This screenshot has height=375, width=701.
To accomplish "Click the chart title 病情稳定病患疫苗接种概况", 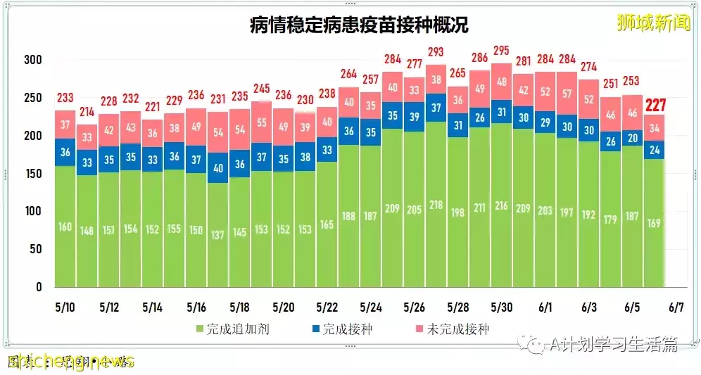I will [359, 26].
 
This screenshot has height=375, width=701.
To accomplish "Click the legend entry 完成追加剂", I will [225, 329].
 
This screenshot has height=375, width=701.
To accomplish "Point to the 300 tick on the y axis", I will [33, 60].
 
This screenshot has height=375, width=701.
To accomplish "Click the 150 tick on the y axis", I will [33, 173].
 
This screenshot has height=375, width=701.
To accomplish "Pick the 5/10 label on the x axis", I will [65, 308].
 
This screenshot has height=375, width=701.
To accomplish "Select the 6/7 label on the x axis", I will [676, 308].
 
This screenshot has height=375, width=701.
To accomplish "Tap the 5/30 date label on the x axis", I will [502, 308].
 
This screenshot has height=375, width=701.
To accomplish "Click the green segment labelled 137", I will [217, 234].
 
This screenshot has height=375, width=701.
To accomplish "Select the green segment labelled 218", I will [436, 204].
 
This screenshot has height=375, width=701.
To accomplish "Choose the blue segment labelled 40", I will [217, 168].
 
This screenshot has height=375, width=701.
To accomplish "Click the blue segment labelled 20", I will [633, 138].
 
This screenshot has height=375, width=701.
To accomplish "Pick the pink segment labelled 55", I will [261, 122].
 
